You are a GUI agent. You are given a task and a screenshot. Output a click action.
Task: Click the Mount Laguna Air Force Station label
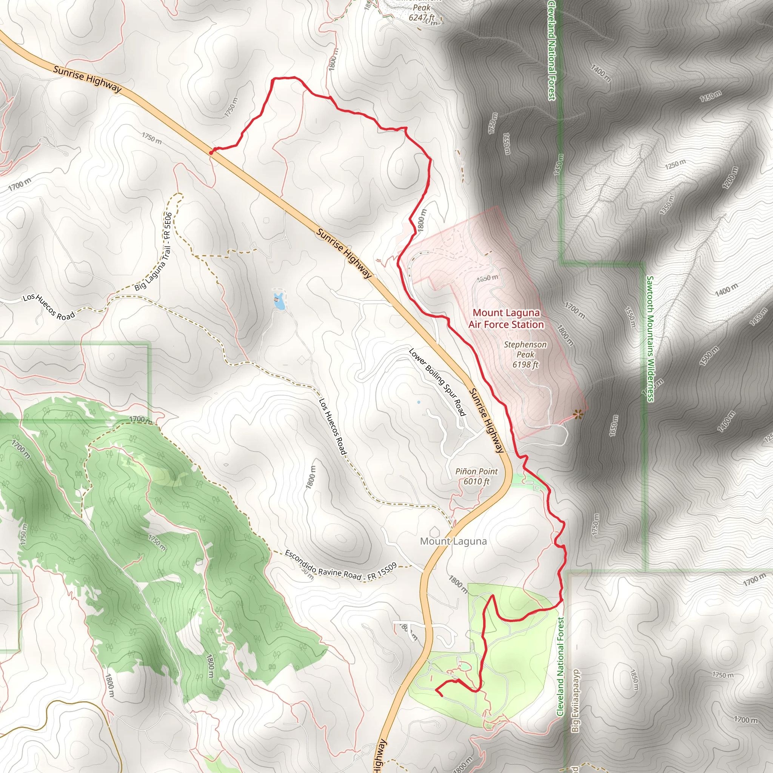tap(506, 319)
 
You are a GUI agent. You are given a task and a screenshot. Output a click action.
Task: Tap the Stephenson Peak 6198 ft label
tap(525, 354)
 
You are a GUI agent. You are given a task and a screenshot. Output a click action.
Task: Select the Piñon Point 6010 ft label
tap(476, 476)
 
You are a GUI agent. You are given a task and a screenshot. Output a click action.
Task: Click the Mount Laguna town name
tap(453, 541)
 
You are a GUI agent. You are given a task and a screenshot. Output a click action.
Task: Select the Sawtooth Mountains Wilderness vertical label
tap(650, 339)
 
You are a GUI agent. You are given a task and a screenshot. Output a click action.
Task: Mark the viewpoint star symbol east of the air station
tap(577, 414)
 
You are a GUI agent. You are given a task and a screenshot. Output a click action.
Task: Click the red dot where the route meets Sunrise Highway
tap(211, 152)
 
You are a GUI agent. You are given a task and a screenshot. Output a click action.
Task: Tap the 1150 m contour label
tap(711, 96)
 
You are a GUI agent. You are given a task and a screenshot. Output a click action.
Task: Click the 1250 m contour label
tap(675, 164)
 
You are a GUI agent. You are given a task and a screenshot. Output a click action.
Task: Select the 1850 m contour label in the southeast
tap(634, 680)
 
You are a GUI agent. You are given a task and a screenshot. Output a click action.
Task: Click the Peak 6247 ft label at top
tap(422, 12)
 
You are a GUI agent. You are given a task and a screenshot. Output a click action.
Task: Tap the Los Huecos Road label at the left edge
tap(49, 307)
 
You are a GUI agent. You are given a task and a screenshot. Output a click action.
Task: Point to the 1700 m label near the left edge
tap(20, 185)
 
